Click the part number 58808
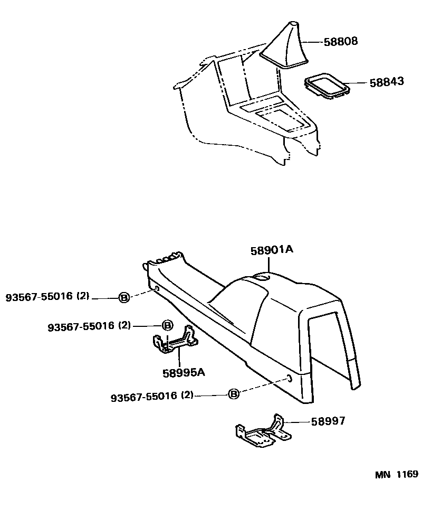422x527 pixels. tap(340, 41)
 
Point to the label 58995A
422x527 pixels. tap(183, 372)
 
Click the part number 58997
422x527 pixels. tap(328, 421)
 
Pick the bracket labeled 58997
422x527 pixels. tap(263, 432)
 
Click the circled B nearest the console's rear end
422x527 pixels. tap(123, 298)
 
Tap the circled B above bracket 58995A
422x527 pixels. tap(166, 325)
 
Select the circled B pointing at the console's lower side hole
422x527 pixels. tap(234, 393)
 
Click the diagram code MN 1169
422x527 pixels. tap(396, 475)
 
